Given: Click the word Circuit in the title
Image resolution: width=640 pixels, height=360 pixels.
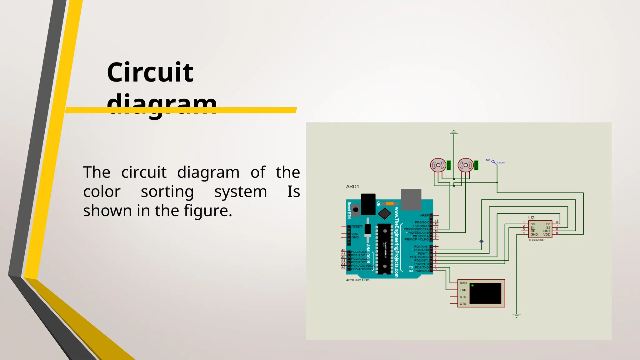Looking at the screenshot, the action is pyautogui.click(x=150, y=72).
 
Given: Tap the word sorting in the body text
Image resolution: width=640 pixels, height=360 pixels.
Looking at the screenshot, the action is pyautogui.click(x=167, y=192).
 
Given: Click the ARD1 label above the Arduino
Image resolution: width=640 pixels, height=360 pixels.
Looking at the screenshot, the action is pyautogui.click(x=352, y=187).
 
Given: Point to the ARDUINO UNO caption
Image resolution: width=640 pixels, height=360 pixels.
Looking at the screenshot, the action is pyautogui.click(x=357, y=280).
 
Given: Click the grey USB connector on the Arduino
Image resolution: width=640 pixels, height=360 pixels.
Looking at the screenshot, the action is pyautogui.click(x=411, y=199).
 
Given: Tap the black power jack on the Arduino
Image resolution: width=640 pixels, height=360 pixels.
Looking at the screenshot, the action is pyautogui.click(x=368, y=204).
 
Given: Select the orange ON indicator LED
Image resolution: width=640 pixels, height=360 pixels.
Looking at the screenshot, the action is pyautogui.click(x=390, y=204).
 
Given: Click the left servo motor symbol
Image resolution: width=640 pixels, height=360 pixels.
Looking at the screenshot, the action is pyautogui.click(x=438, y=165).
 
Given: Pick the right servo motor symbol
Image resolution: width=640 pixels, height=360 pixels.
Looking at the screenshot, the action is pyautogui.click(x=466, y=165).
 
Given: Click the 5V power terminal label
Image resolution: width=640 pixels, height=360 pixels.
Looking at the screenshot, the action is pyautogui.click(x=488, y=160).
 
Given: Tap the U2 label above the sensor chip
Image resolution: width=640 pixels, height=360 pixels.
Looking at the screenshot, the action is pyautogui.click(x=531, y=217).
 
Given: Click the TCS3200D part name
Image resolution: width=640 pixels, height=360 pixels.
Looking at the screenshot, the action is pyautogui.click(x=536, y=240).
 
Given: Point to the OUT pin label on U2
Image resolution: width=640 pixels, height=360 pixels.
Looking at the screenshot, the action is pyautogui.click(x=547, y=231).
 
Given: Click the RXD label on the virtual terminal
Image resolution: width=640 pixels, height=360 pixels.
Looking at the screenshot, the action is pyautogui.click(x=463, y=283).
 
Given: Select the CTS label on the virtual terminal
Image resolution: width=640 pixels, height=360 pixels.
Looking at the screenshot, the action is pyautogui.click(x=463, y=304).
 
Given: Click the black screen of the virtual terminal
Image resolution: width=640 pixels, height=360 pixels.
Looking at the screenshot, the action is pyautogui.click(x=485, y=293).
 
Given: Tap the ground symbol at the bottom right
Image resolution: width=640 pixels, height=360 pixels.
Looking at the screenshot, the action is pyautogui.click(x=517, y=316).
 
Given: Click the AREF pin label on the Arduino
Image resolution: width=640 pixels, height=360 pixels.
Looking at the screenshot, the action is pyautogui.click(x=424, y=215).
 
